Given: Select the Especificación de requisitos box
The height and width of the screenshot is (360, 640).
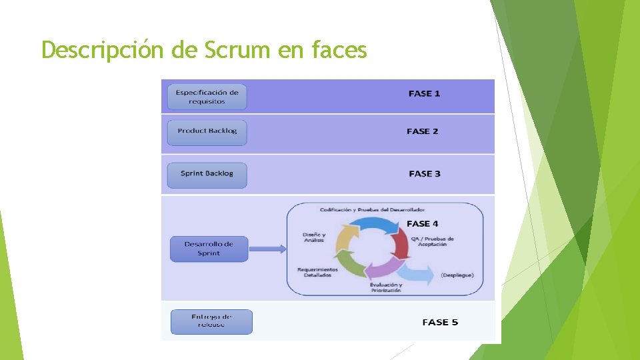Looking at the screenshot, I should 207,97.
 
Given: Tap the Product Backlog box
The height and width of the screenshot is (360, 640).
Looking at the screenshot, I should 207,131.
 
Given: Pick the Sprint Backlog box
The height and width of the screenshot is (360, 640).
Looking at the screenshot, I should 207,174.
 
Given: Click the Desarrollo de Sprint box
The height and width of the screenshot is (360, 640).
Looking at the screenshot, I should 209,249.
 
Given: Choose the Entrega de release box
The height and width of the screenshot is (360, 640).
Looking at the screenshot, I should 211,321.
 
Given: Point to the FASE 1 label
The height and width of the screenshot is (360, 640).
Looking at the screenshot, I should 424,94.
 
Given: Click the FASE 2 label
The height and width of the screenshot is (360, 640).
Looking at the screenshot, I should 423,131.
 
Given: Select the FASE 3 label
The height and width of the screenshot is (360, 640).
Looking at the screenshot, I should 425,174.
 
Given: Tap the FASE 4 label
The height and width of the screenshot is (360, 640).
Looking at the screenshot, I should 423,224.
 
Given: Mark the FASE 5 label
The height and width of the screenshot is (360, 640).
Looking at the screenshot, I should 440,323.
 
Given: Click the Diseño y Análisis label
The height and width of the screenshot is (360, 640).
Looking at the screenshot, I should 314,237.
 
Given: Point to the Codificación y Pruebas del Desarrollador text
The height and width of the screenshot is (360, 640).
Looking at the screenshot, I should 372,209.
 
